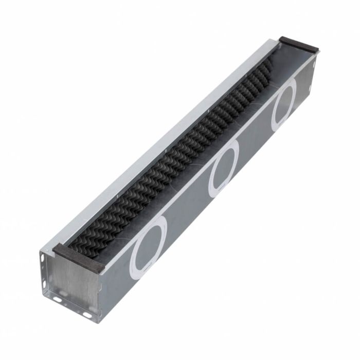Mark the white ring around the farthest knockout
click(275, 118)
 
